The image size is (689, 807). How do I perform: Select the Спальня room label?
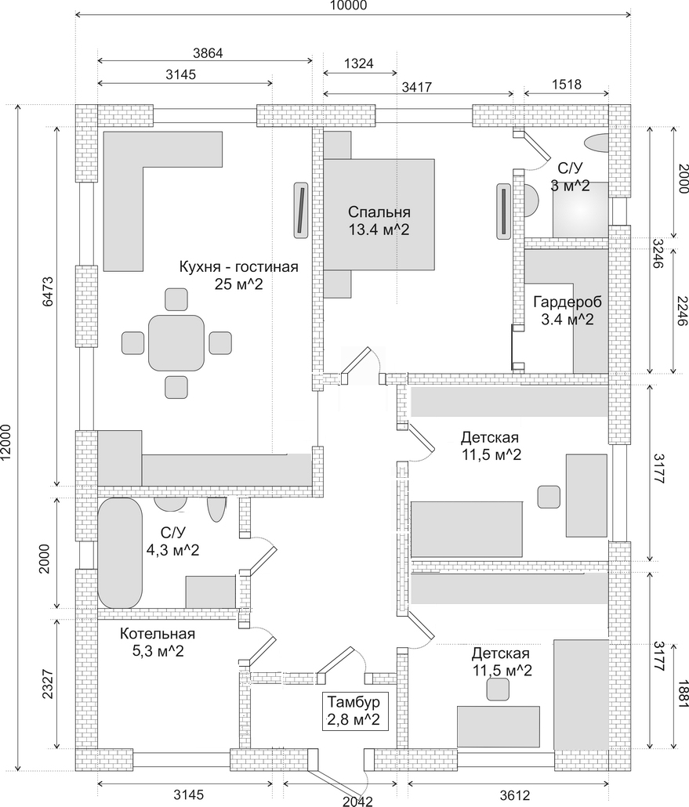click(x=379, y=212)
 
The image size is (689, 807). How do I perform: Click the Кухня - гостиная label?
click(x=238, y=266)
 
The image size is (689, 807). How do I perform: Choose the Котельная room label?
click(x=157, y=634)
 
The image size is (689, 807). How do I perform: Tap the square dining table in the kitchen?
click(x=176, y=342)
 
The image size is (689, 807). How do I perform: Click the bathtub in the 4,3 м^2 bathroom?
click(x=120, y=553)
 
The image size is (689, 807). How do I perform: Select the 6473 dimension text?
click(x=48, y=291)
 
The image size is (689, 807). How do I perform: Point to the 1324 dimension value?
click(x=359, y=63)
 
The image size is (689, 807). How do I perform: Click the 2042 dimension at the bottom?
click(x=357, y=801)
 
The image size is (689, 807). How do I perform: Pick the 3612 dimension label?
click(x=514, y=794)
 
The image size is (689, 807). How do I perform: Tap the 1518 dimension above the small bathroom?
click(x=567, y=84)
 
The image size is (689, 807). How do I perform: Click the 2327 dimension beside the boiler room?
click(x=48, y=683)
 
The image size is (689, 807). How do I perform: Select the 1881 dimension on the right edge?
click(x=683, y=693)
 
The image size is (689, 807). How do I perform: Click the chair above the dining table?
click(x=176, y=299)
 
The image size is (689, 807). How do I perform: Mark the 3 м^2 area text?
click(x=570, y=185)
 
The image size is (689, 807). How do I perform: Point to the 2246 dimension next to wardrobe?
click(x=683, y=310)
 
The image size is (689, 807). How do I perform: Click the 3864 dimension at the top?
click(x=208, y=52)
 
